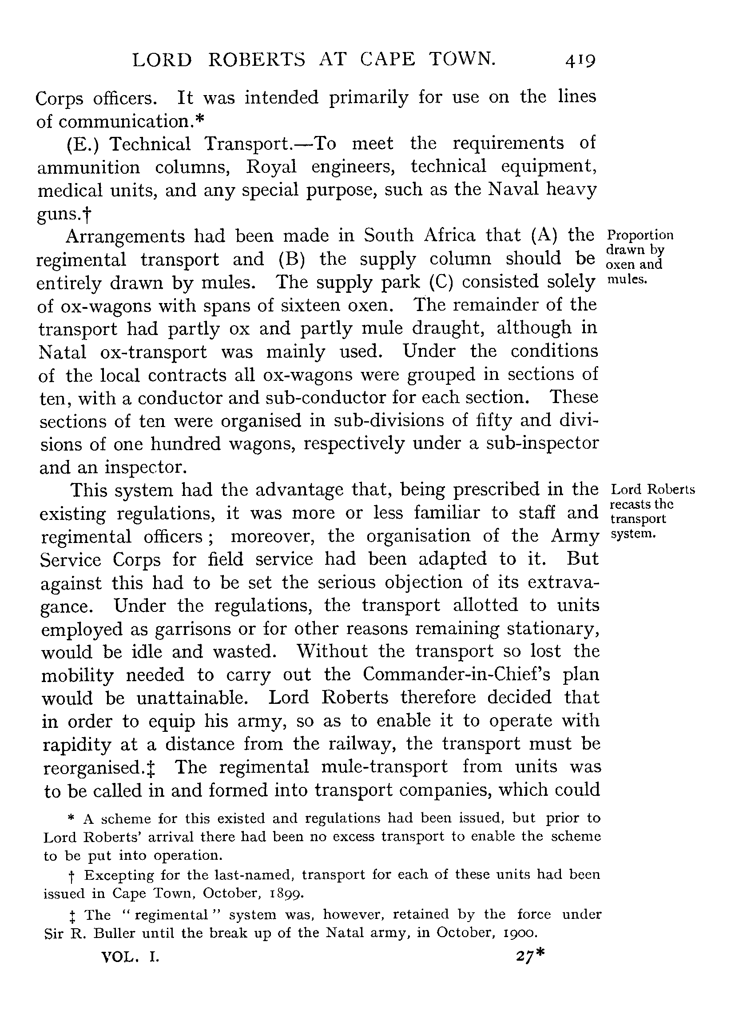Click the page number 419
pyautogui.click(x=580, y=60)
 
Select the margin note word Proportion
pyautogui.click(x=640, y=236)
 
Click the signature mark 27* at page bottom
pyautogui.click(x=530, y=956)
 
